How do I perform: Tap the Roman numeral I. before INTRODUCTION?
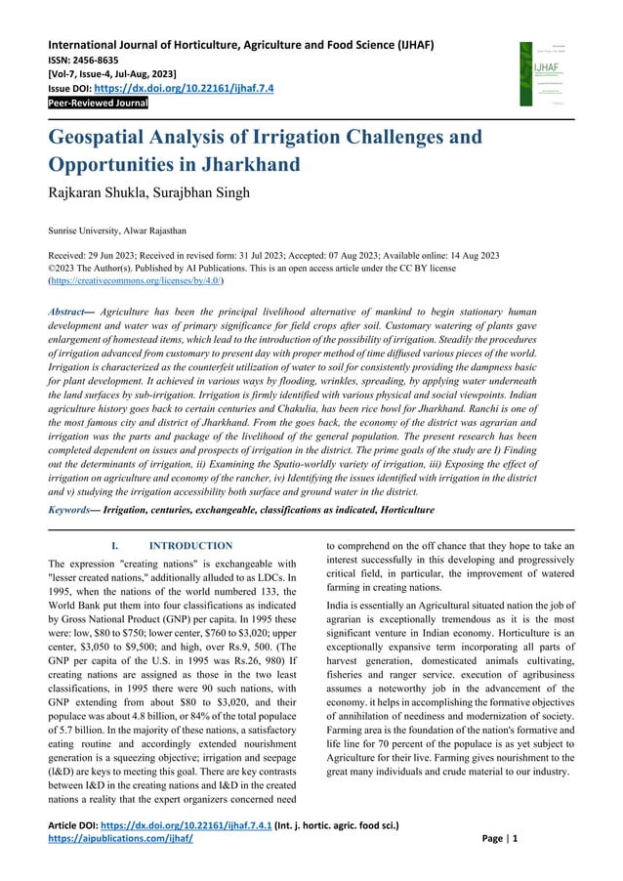115,545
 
